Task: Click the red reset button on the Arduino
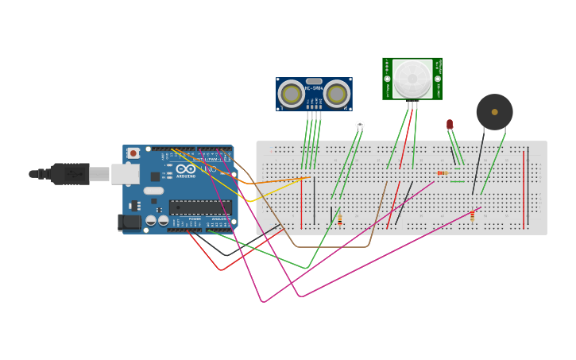point(133,153)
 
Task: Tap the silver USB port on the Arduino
point(125,173)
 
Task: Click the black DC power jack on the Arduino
point(129,223)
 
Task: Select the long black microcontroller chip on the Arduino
point(200,207)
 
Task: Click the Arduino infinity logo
point(186,169)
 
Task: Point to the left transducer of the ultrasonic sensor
point(292,95)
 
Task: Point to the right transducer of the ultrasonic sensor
point(337,95)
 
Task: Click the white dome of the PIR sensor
point(412,78)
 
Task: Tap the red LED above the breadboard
point(450,124)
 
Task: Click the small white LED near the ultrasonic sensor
point(360,124)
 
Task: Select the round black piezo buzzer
point(494,112)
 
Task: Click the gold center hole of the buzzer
point(494,112)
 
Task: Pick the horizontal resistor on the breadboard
point(443,172)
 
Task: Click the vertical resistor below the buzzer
point(472,215)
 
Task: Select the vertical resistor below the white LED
point(340,219)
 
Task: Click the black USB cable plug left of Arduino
point(70,173)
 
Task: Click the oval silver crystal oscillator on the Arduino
point(153,191)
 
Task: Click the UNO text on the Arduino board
point(209,169)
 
